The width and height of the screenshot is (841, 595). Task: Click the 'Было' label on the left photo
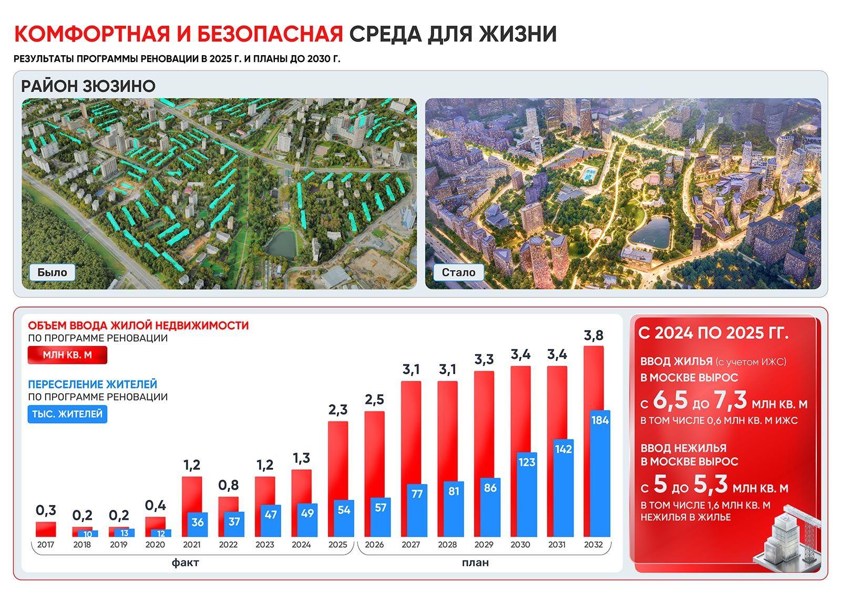click(x=52, y=272)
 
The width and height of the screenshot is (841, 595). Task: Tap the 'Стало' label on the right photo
click(x=458, y=272)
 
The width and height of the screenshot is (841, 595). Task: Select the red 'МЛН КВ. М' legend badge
click(x=67, y=355)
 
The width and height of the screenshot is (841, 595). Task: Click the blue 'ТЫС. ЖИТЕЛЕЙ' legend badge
click(x=67, y=414)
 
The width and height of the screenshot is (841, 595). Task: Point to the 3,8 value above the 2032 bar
click(x=593, y=335)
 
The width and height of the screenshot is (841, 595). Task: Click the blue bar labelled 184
click(x=600, y=473)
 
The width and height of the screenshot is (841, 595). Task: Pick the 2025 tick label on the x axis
click(x=337, y=545)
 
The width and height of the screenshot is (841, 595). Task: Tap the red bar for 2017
click(x=46, y=529)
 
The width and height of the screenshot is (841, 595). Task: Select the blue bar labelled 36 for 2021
click(x=198, y=525)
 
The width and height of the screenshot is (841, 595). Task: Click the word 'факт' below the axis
click(x=185, y=562)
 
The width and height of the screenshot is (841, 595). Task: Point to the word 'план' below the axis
click(x=475, y=562)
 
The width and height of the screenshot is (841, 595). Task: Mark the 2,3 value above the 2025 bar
click(x=338, y=409)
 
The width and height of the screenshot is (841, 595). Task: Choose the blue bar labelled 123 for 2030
click(x=527, y=494)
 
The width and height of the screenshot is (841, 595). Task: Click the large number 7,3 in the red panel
click(x=730, y=401)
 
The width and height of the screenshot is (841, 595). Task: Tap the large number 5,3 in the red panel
click(x=710, y=485)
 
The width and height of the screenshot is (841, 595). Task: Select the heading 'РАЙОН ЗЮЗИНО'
click(x=88, y=86)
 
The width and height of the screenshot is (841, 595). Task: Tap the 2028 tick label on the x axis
click(x=447, y=545)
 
